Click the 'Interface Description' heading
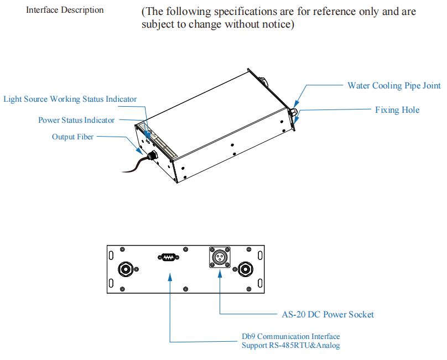(x=65, y=10)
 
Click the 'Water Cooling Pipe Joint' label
(x=394, y=86)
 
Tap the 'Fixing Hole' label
(x=397, y=109)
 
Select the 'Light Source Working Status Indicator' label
(x=70, y=99)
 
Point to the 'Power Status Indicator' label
(x=76, y=120)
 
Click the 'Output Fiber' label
(x=72, y=137)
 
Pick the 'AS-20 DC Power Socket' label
(x=328, y=315)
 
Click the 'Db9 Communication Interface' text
(x=291, y=336)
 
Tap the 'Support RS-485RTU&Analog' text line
(x=291, y=346)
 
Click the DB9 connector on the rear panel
(x=169, y=257)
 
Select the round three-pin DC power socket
(x=220, y=257)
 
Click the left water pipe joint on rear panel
(x=126, y=269)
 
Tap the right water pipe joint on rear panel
(x=246, y=269)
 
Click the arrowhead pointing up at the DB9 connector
(x=170, y=276)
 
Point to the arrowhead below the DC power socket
(x=220, y=274)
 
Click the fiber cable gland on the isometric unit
(x=153, y=155)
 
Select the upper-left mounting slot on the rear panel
(x=111, y=255)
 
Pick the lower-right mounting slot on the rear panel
(x=260, y=283)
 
